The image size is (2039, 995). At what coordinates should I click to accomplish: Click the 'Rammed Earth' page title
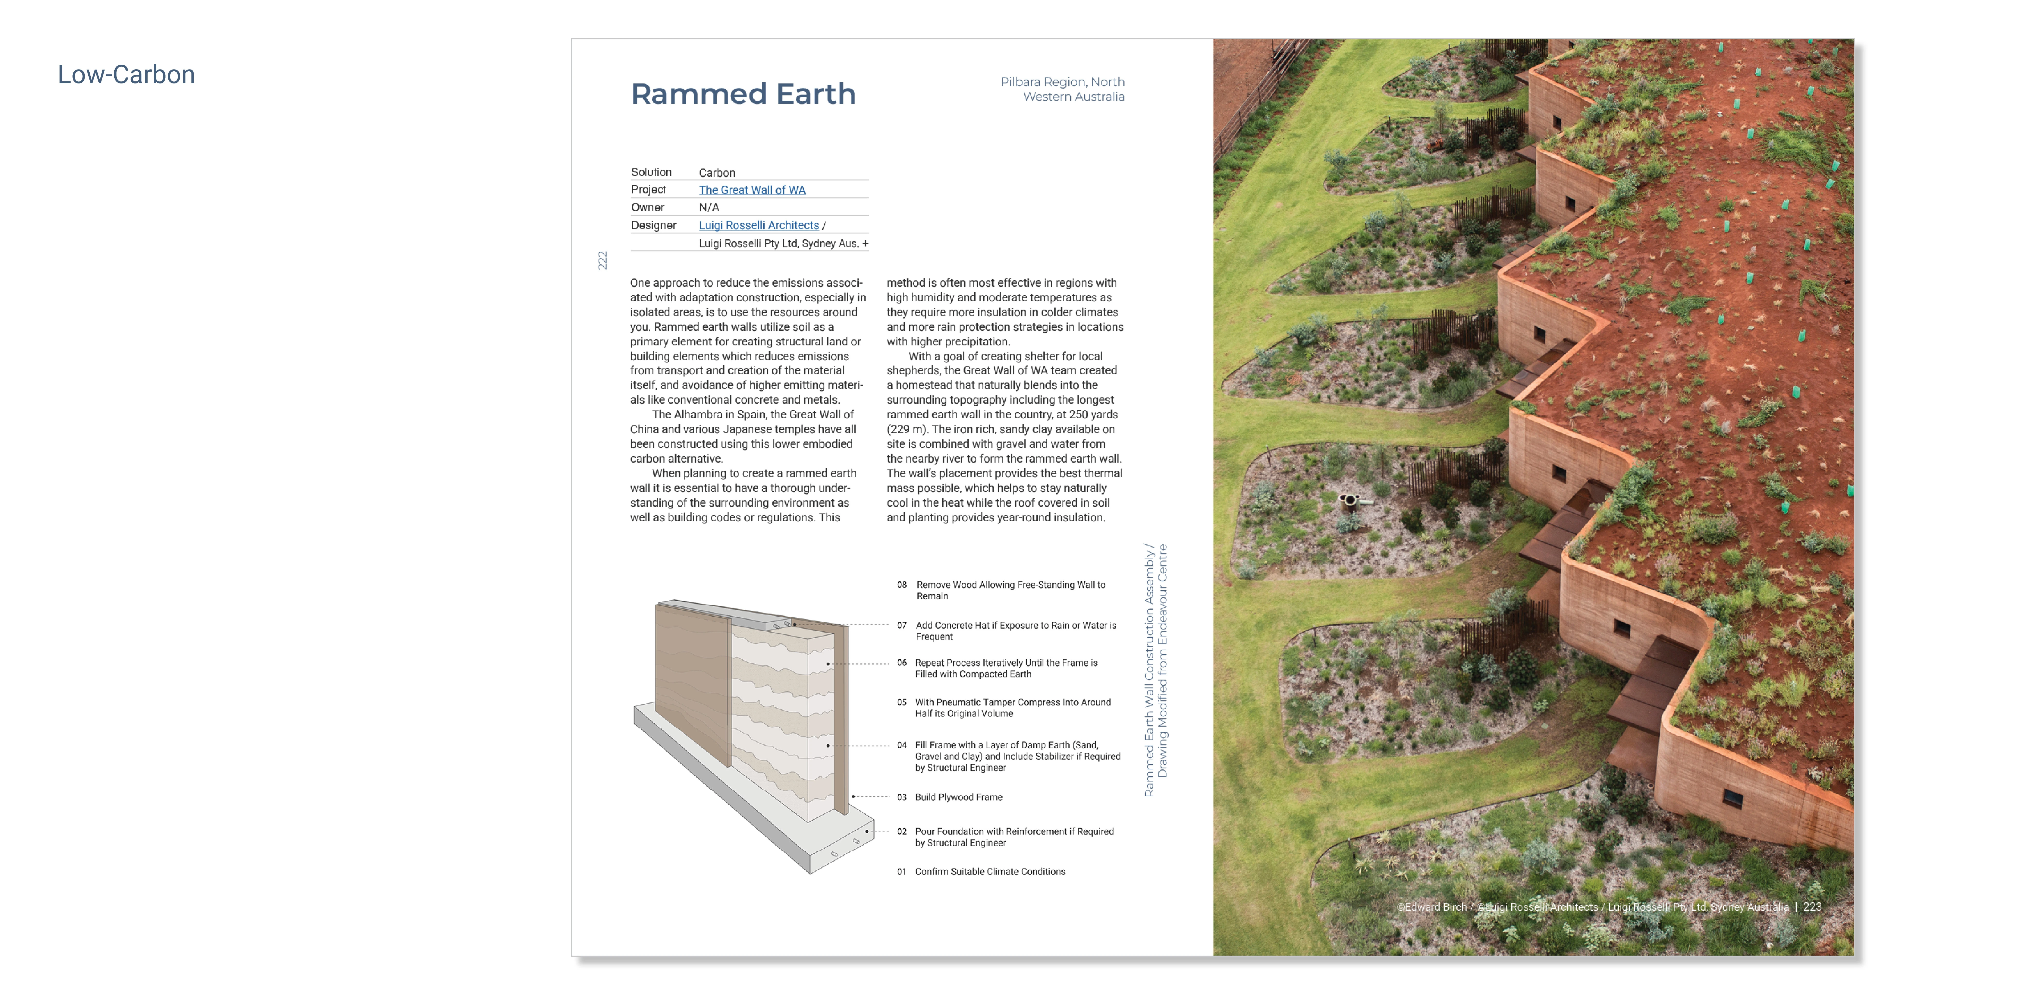743,94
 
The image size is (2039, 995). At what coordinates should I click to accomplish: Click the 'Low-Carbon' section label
126,74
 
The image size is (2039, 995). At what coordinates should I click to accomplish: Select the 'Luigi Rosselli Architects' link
758,226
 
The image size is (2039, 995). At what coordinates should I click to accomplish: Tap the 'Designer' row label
653,226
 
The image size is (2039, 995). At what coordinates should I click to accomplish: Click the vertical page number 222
602,260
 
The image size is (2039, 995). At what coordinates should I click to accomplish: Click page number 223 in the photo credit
1812,907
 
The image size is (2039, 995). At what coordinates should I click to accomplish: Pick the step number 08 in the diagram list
902,585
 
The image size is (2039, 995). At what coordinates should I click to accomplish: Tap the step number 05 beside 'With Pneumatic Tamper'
902,702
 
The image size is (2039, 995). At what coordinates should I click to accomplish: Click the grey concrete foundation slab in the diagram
752,807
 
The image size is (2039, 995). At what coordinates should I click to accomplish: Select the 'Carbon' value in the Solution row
716,173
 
